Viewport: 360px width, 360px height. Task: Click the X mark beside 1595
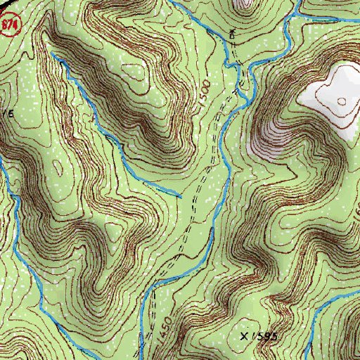[245, 337]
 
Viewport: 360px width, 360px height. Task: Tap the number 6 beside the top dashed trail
[232, 33]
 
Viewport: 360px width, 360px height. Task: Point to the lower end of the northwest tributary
[179, 195]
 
